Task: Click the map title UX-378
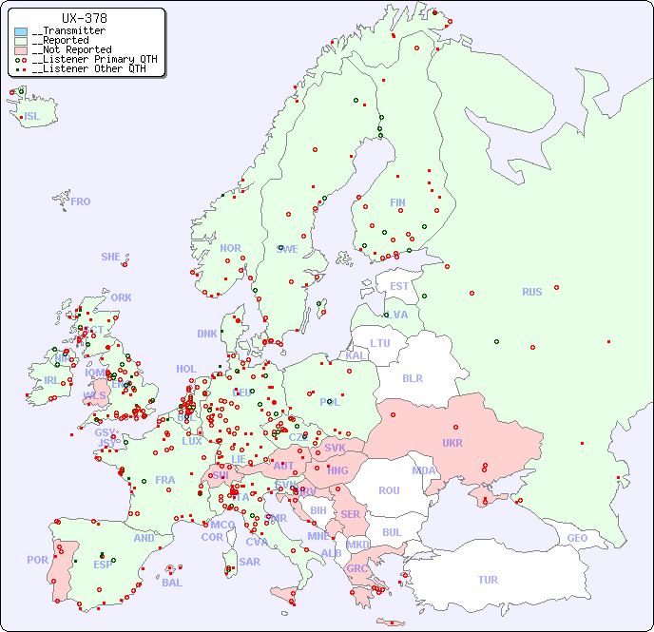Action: click(84, 18)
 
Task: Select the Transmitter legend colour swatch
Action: click(21, 31)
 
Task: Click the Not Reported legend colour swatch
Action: click(21, 49)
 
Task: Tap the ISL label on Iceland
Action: click(31, 117)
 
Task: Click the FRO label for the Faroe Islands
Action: click(81, 201)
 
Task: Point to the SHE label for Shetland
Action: click(110, 257)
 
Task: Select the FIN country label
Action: click(397, 202)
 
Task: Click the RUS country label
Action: click(531, 292)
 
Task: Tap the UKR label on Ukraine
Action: click(452, 443)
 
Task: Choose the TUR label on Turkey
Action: click(488, 580)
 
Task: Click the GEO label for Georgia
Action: click(577, 538)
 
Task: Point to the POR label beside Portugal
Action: click(37, 560)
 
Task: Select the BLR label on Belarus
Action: click(413, 377)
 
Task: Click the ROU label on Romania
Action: click(389, 490)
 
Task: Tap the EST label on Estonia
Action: click(399, 286)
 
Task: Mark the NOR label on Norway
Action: click(230, 248)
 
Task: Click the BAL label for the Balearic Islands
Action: click(171, 583)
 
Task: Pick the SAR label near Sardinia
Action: click(249, 562)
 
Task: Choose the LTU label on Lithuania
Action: click(380, 343)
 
